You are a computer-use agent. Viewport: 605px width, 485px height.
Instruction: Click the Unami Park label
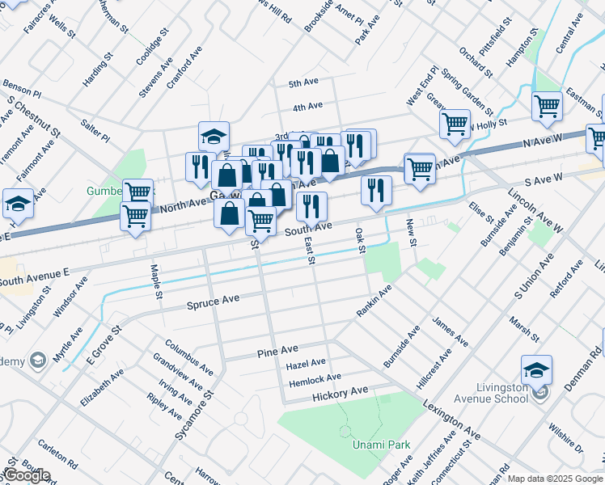click(381, 445)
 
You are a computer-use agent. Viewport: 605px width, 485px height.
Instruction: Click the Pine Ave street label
click(277, 353)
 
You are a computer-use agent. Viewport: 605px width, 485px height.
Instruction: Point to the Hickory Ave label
click(341, 392)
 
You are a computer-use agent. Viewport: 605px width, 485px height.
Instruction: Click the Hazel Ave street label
click(306, 365)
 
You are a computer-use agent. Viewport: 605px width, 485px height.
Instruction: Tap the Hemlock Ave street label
click(314, 378)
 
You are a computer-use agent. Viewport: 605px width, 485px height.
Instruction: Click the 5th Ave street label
click(304, 82)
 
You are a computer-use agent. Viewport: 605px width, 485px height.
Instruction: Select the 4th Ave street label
click(307, 107)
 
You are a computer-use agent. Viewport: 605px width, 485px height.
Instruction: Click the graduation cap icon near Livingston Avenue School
click(536, 370)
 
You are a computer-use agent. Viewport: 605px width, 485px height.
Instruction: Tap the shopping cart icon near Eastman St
click(548, 105)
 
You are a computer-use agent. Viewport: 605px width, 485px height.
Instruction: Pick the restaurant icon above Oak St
click(376, 190)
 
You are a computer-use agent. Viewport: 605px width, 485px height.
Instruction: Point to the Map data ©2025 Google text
click(554, 479)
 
